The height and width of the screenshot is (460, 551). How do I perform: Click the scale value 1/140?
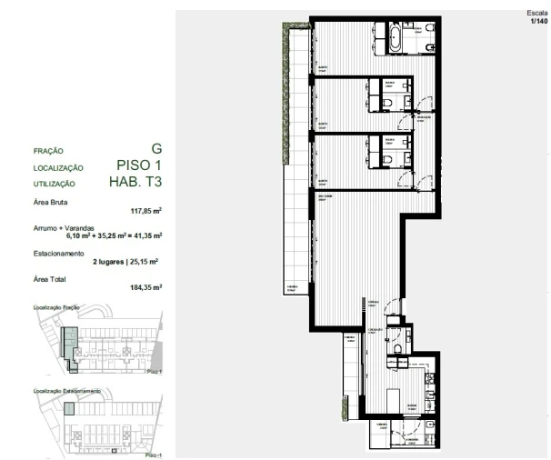pyautogui.click(x=537, y=20)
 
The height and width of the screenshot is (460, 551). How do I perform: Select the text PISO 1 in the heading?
pyautogui.click(x=140, y=165)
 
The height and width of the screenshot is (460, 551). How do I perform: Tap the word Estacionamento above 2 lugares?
pyautogui.click(x=59, y=253)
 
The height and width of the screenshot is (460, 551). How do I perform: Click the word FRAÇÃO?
pyautogui.click(x=48, y=151)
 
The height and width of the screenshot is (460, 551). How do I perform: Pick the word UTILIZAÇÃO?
pyautogui.click(x=54, y=184)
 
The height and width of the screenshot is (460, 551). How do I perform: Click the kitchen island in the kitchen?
pyautogui.click(x=392, y=401)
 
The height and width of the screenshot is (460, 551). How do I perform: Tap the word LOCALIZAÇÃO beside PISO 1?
pyautogui.click(x=58, y=168)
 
